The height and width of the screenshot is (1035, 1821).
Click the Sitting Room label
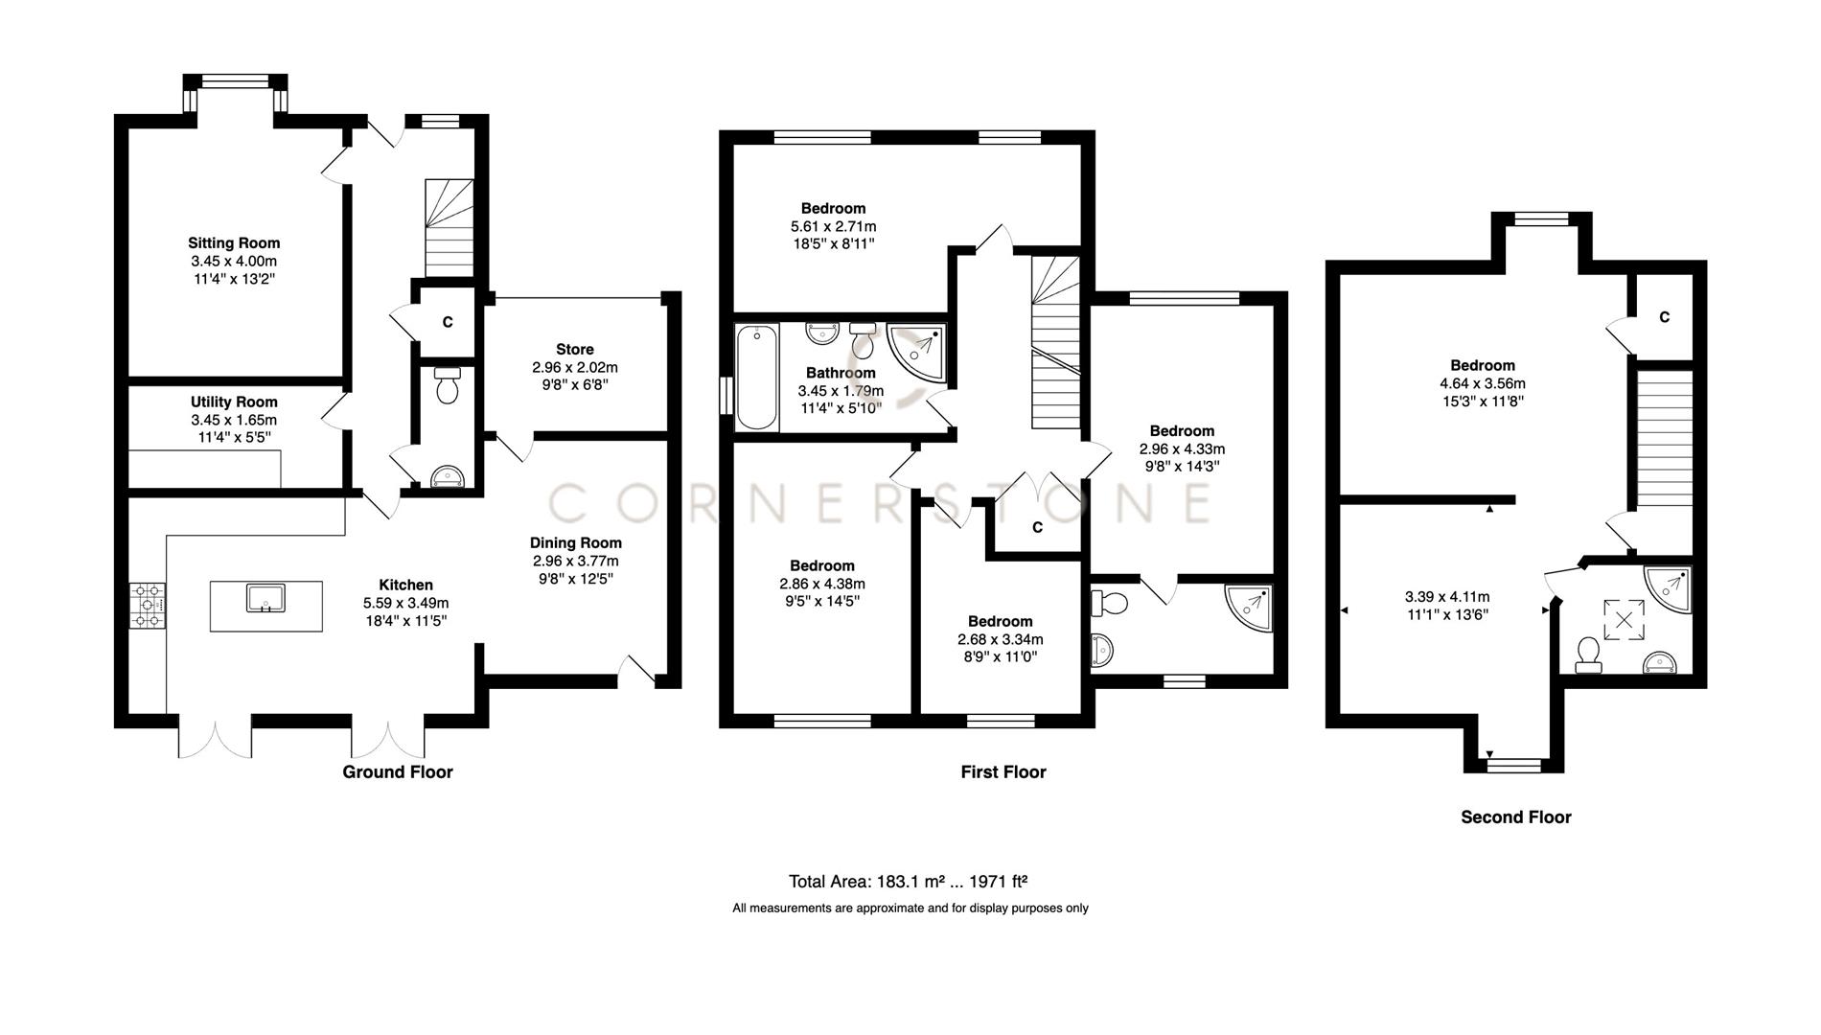(x=234, y=243)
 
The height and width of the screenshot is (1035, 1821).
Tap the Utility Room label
(x=234, y=402)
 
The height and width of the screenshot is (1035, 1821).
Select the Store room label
(x=575, y=350)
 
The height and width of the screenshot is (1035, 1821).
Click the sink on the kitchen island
(x=265, y=599)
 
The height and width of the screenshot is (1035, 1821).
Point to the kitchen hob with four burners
(x=148, y=606)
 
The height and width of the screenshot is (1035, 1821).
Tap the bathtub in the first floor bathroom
(x=757, y=377)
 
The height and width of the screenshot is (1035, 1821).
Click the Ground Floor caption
(x=398, y=772)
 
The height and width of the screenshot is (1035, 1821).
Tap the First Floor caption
(x=1003, y=772)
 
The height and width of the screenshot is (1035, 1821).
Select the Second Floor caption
(x=1515, y=817)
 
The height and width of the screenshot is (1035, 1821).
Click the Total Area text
(x=909, y=882)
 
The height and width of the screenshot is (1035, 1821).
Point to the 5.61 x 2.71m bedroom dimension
(x=833, y=227)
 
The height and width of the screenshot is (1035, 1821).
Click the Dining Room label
(x=576, y=543)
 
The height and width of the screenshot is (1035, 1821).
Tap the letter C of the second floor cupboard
(x=1665, y=317)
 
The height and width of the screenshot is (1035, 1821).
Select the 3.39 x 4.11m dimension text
(x=1447, y=597)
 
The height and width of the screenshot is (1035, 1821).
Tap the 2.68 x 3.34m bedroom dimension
(x=1000, y=639)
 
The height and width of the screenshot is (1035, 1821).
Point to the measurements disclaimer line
(x=910, y=908)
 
